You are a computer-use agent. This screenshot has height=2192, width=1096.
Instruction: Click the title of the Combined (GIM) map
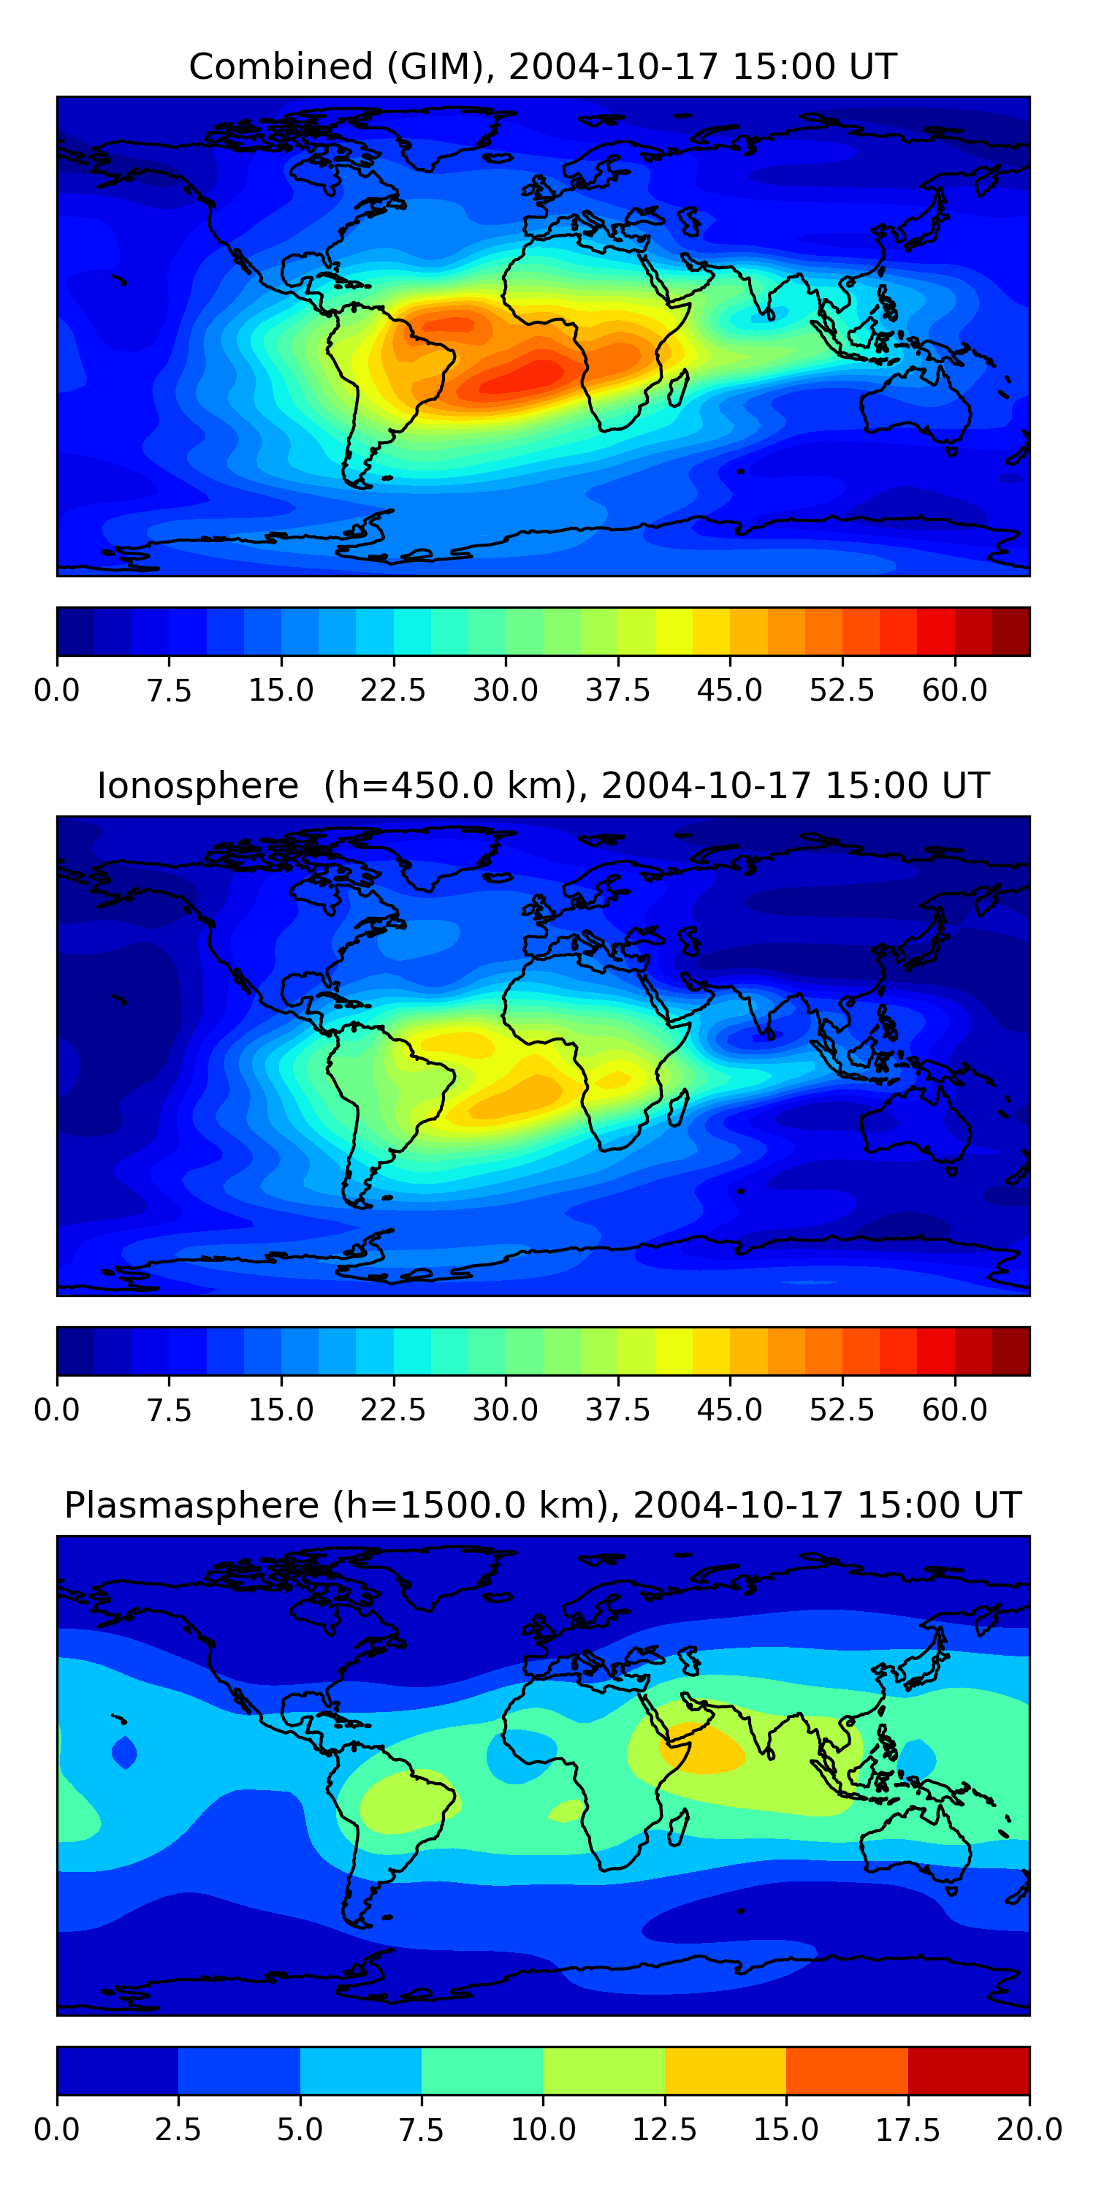click(543, 66)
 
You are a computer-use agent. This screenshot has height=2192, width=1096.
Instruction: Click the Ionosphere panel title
click(543, 785)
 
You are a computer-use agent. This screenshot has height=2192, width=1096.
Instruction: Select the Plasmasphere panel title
click(543, 1505)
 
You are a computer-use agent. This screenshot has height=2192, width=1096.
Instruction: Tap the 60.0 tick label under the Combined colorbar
click(954, 690)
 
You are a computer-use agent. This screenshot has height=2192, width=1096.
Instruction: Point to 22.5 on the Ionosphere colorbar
click(392, 1409)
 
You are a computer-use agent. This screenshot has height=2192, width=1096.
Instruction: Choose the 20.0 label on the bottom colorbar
click(1029, 2129)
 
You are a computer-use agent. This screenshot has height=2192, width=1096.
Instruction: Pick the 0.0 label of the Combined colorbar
click(57, 690)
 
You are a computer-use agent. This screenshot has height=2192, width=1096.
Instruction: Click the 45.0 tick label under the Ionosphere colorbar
click(729, 1409)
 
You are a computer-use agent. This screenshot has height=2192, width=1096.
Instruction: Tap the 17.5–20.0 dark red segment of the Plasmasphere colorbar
click(968, 2070)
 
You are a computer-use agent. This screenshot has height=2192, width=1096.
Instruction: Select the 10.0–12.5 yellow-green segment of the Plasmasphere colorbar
click(604, 2070)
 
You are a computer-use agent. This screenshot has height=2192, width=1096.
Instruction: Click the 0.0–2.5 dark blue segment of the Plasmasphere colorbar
click(118, 2070)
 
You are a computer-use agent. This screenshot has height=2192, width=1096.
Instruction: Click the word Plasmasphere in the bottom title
click(191, 1505)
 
